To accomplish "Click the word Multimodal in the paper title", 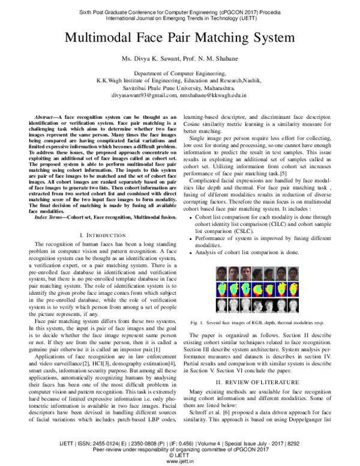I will click(104, 38).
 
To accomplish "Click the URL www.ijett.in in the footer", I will click(181, 460).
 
